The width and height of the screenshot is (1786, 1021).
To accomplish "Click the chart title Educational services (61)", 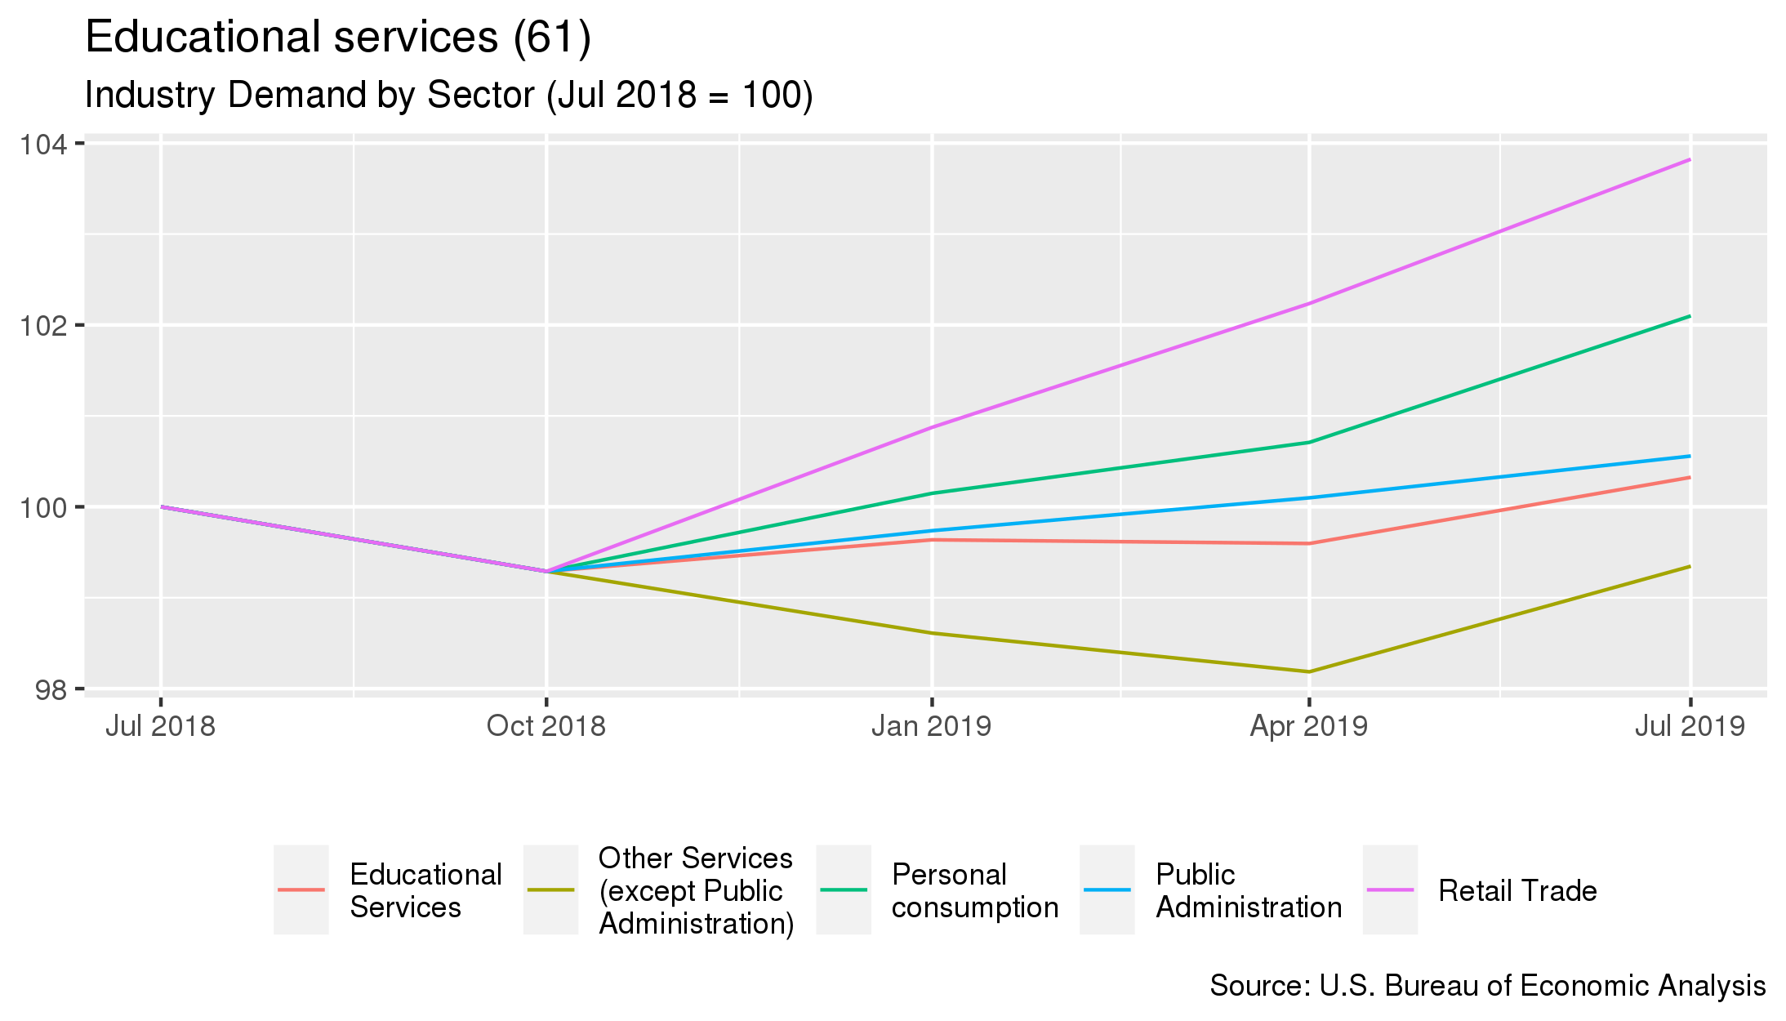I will click(x=338, y=38).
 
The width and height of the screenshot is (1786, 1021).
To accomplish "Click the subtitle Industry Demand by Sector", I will click(x=448, y=95).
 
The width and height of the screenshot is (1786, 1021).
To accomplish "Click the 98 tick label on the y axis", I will click(x=52, y=690).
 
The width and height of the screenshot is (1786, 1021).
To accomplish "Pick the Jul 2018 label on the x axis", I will click(x=160, y=726).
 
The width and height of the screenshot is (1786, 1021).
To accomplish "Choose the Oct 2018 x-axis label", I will click(x=546, y=726).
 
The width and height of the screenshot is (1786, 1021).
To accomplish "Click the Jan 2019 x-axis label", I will click(x=931, y=726).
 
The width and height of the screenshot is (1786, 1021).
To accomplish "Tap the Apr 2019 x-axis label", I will click(x=1308, y=726).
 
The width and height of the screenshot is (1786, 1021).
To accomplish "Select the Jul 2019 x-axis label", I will click(x=1689, y=726).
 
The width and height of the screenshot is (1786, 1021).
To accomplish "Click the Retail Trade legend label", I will click(x=1517, y=890).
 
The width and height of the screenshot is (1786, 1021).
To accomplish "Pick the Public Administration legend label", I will click(x=1249, y=890).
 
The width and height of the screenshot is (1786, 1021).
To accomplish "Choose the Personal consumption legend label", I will click(x=975, y=890).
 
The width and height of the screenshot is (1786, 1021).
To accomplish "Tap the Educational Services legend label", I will click(x=425, y=890).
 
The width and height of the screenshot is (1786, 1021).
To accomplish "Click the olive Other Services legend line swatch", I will click(x=550, y=889).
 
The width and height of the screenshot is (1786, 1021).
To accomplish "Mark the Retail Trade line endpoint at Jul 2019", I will click(x=1690, y=160).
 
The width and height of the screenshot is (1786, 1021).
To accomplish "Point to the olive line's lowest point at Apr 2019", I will click(x=1309, y=671).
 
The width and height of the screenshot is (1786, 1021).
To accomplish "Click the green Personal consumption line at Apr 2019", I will click(x=1309, y=443).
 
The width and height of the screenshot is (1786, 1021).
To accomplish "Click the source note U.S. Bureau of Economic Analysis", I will click(x=1487, y=986).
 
